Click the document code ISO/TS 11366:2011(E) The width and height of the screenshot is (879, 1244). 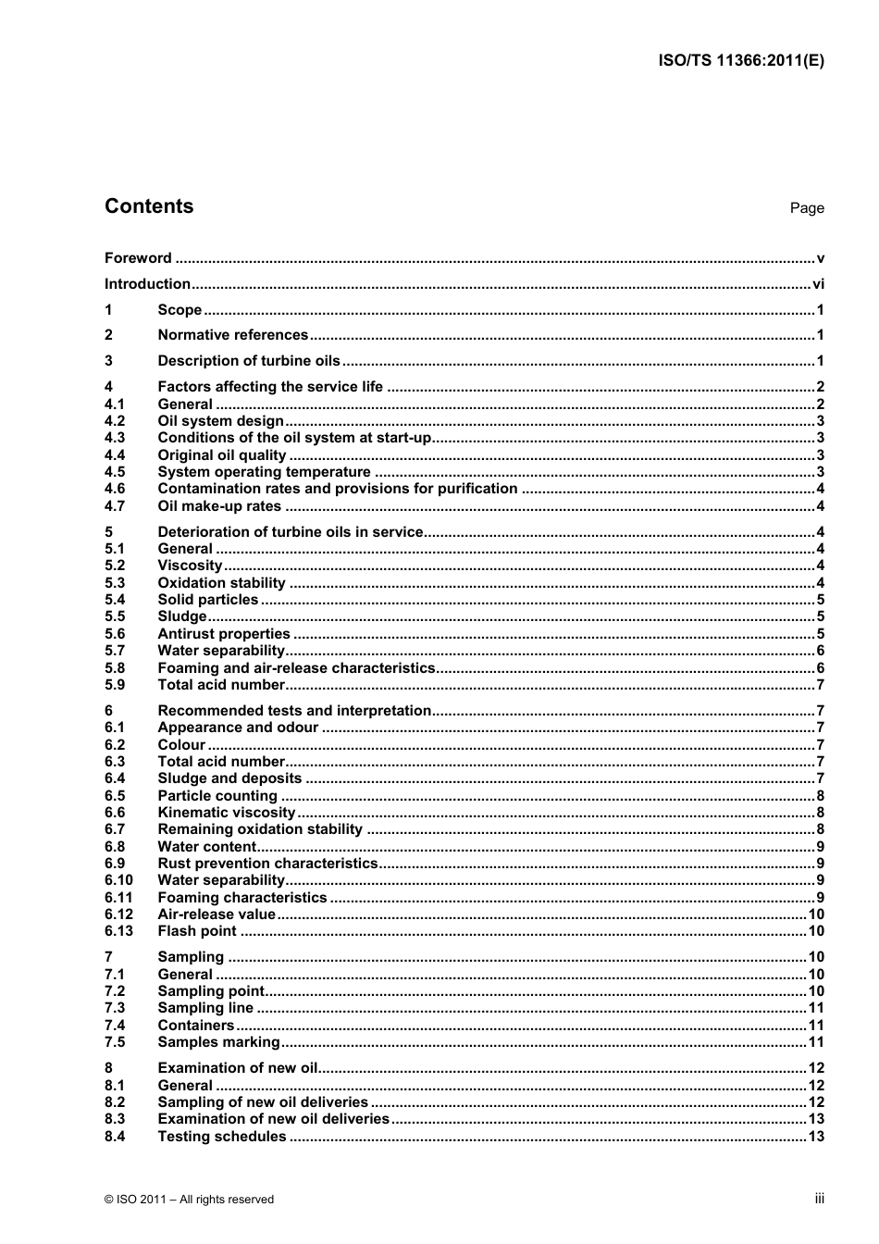pyautogui.click(x=740, y=61)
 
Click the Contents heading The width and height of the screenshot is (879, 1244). pyautogui.click(x=149, y=206)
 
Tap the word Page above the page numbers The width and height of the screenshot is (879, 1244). pyautogui.click(x=806, y=208)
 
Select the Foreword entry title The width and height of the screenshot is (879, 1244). pyautogui.click(x=138, y=258)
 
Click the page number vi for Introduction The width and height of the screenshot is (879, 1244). pyautogui.click(x=818, y=284)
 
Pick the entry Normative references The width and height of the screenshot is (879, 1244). pyautogui.click(x=232, y=335)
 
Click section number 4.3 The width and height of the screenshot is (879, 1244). pyautogui.click(x=115, y=438)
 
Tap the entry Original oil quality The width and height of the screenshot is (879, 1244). pyautogui.click(x=222, y=455)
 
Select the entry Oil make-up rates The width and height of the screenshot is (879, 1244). pyautogui.click(x=219, y=506)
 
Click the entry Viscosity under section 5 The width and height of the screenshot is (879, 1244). pyautogui.click(x=190, y=566)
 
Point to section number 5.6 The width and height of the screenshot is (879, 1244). pyautogui.click(x=115, y=634)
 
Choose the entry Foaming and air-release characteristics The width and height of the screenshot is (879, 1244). pyautogui.click(x=296, y=668)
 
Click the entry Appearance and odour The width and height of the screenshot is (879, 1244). pyautogui.click(x=238, y=728)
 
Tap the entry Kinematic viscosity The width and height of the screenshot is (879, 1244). pyautogui.click(x=226, y=813)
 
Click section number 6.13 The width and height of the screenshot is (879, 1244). pyautogui.click(x=118, y=931)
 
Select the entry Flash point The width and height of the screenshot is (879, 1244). pyautogui.click(x=197, y=931)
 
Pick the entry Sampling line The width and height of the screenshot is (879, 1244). pyautogui.click(x=205, y=1008)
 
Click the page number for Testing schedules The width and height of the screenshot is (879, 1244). pyautogui.click(x=815, y=1137)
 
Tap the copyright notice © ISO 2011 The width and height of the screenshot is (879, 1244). pyautogui.click(x=190, y=1200)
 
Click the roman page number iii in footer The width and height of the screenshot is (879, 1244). pyautogui.click(x=819, y=1199)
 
